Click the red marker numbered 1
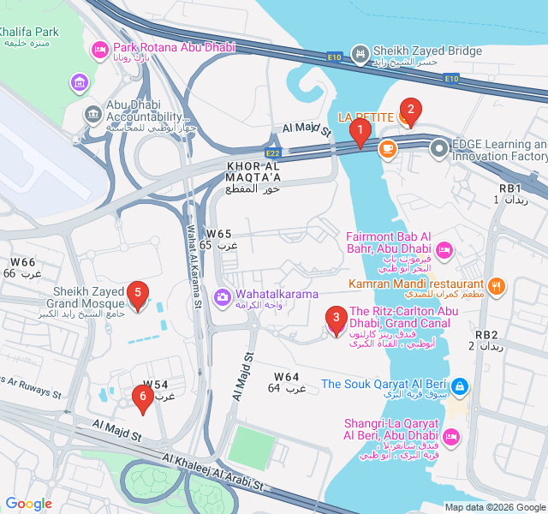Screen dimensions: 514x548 point(360,133)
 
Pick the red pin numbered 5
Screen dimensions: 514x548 point(137,294)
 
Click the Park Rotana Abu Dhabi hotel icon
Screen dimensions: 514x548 point(100,49)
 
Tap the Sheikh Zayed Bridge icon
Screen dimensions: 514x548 point(361,52)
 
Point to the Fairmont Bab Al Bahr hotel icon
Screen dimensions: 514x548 point(444,250)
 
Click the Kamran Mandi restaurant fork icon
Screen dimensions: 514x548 point(497,285)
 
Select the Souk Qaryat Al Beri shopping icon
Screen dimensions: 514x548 point(461,386)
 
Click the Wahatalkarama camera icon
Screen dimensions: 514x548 point(223,296)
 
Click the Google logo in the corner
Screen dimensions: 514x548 point(28,504)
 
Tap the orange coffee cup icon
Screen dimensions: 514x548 point(387,148)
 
